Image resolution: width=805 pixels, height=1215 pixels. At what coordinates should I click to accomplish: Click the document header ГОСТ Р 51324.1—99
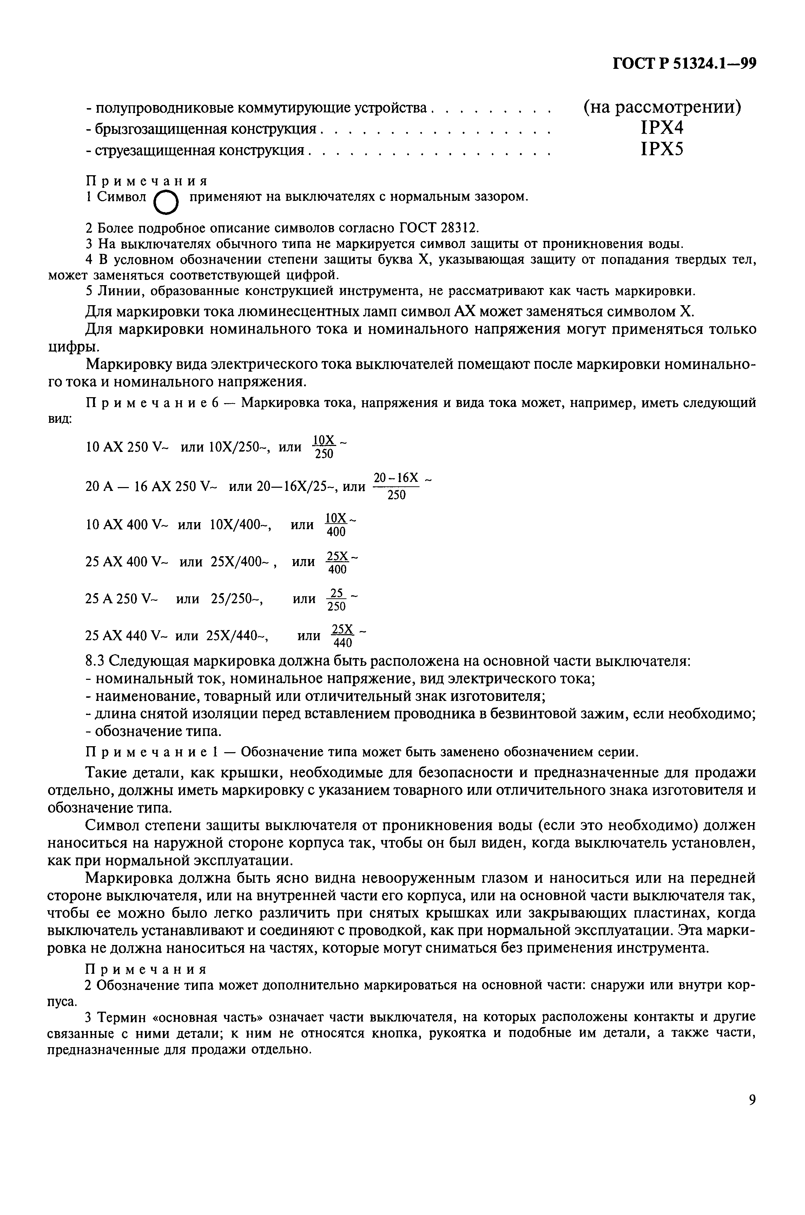685,63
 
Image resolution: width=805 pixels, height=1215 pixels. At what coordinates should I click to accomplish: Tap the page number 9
752,1100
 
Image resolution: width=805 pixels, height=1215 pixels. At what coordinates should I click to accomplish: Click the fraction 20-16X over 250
396,486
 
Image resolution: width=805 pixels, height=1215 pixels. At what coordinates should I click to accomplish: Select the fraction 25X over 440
343,636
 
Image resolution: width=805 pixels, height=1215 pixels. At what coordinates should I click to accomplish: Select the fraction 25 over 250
337,600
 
